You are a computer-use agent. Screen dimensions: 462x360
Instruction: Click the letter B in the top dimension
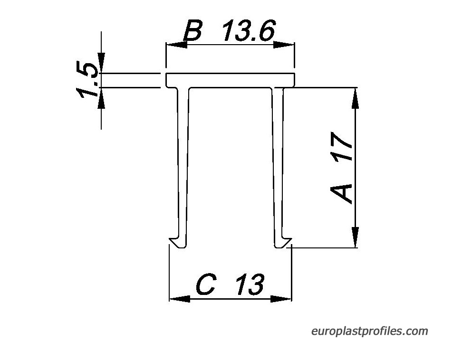pos(193,30)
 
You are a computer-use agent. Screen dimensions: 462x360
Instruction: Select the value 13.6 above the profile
pos(249,30)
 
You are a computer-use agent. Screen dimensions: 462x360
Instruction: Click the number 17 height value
pos(341,146)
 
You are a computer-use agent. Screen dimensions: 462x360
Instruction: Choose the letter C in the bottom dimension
pos(206,284)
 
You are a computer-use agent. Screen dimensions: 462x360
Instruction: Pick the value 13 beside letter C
pos(250,284)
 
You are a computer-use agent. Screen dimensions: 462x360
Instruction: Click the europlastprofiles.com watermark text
pos(369,331)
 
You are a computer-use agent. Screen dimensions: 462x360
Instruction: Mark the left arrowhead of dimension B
pos(177,45)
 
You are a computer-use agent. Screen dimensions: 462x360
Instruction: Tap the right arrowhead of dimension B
pos(284,45)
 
